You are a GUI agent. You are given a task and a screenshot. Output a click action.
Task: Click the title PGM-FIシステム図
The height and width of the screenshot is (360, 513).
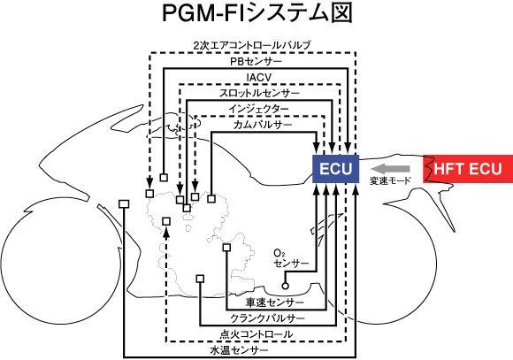[x=256, y=13]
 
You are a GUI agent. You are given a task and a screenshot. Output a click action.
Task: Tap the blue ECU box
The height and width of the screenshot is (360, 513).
[x=336, y=169]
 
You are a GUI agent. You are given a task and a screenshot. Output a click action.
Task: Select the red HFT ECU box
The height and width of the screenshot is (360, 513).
[x=468, y=169]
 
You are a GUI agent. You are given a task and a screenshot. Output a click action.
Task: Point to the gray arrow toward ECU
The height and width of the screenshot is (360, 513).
[x=390, y=169]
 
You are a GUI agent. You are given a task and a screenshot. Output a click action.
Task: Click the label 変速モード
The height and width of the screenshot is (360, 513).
[x=390, y=180]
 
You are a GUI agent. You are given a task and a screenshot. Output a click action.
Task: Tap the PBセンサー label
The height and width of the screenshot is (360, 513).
[x=256, y=61]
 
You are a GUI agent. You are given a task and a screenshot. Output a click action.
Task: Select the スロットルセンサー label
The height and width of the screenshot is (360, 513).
[x=259, y=93]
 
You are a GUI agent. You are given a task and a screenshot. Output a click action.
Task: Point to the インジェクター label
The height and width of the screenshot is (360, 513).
[x=259, y=109]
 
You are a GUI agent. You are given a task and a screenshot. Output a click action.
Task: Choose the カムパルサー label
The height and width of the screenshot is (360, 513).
[x=263, y=125]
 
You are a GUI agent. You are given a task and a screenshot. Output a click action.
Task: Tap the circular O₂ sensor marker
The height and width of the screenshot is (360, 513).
[x=286, y=286]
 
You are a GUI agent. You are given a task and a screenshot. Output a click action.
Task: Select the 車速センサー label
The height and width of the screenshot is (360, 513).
[x=275, y=303]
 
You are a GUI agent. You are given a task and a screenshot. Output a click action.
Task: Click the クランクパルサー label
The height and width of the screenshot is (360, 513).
[x=268, y=318]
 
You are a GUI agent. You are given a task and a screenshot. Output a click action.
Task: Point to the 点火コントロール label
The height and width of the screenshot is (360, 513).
[x=256, y=334]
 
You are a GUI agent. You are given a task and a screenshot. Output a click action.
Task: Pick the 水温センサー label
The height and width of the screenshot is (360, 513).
[x=239, y=350]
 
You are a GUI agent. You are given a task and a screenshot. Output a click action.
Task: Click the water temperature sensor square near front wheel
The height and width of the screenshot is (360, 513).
[x=124, y=204]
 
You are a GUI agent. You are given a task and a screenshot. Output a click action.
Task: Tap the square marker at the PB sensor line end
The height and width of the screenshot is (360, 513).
[x=164, y=178]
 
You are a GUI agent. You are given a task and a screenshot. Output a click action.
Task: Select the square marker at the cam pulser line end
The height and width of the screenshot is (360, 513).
[x=211, y=198]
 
